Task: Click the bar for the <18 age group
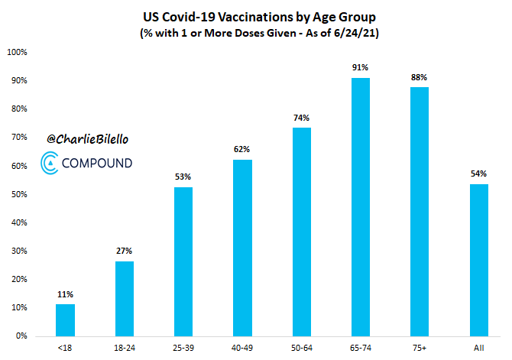[x=65, y=319]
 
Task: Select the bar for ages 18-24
[x=125, y=298]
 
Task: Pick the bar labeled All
[x=478, y=260]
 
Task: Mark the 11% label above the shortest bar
[x=65, y=294]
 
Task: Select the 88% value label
[x=419, y=77]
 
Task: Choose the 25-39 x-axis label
[x=183, y=349]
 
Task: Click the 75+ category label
[x=419, y=349]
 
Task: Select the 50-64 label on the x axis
[x=301, y=349]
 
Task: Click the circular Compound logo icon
[x=49, y=162]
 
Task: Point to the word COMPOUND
[x=96, y=163]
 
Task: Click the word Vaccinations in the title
[x=239, y=16]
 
